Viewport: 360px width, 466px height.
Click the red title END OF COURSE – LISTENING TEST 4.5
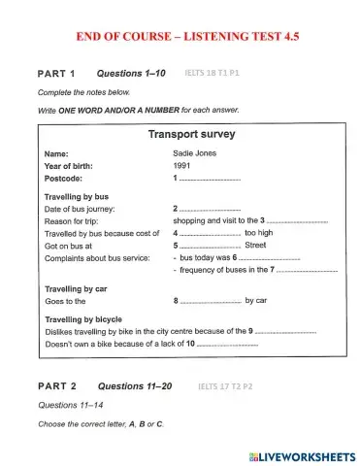(x=180, y=36)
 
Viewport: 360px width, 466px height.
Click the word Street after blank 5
(x=255, y=247)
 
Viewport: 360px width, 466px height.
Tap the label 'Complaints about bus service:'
(x=97, y=259)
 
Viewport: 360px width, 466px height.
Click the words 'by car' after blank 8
(x=256, y=301)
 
